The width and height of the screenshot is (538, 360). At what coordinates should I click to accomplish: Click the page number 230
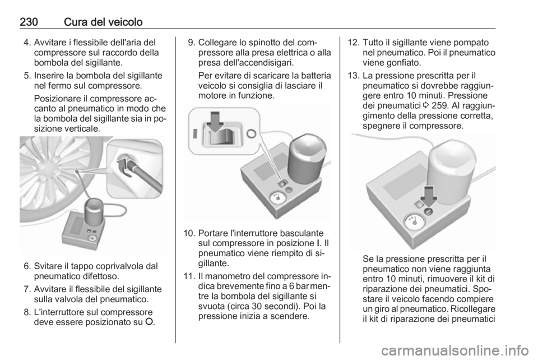29,22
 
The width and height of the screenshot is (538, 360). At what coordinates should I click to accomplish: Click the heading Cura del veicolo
103,22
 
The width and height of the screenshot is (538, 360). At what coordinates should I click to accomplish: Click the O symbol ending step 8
151,322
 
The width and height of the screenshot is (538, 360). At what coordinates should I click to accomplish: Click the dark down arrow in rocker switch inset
215,121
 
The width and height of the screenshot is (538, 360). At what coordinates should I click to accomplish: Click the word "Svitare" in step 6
47,266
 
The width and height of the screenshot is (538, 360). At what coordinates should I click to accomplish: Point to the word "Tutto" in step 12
373,43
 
